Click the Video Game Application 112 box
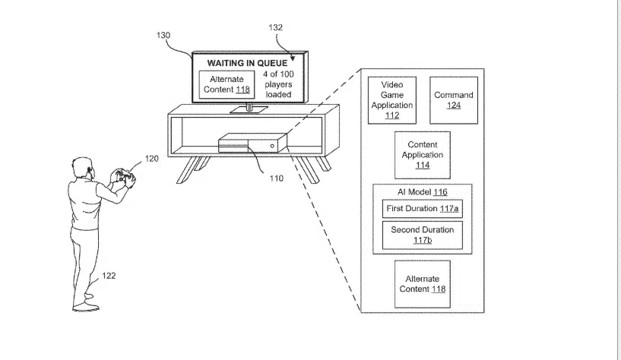click(392, 100)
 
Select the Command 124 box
click(454, 100)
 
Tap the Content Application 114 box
click(423, 155)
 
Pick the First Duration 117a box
click(423, 209)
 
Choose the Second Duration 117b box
click(423, 235)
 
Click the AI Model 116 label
click(423, 192)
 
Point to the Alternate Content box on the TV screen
click(227, 84)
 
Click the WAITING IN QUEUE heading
click(247, 63)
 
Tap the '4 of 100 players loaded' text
click(278, 84)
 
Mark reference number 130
click(163, 35)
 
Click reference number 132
click(276, 27)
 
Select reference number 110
click(277, 178)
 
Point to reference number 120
click(152, 159)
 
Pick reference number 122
click(109, 276)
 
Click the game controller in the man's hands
click(124, 176)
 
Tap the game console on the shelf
click(252, 144)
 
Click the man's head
click(83, 169)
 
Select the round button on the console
click(272, 146)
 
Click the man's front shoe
click(86, 307)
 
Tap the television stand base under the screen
click(249, 109)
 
